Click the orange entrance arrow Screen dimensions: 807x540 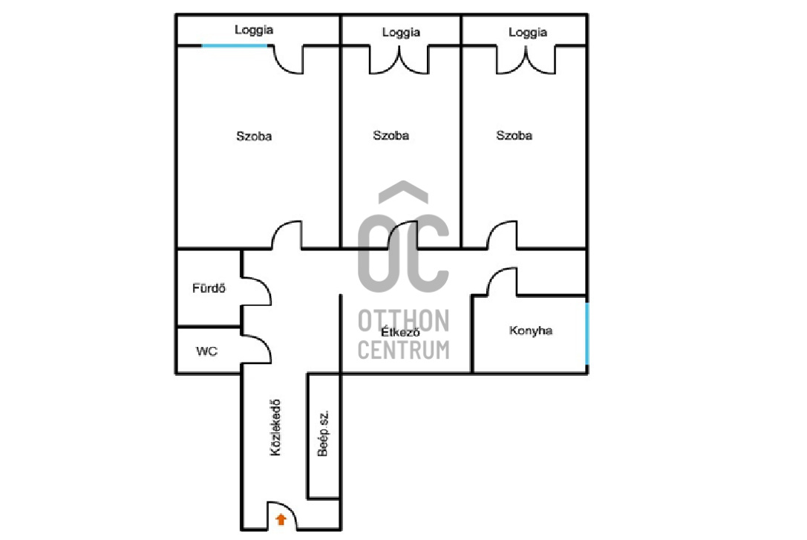[x=281, y=519]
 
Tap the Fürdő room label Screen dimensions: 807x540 [x=209, y=288]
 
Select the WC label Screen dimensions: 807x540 [x=207, y=351]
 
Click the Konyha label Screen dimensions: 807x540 [x=531, y=331]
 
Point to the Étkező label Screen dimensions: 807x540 [x=400, y=332]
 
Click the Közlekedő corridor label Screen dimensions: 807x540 [x=276, y=428]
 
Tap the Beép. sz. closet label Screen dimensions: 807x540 [x=323, y=434]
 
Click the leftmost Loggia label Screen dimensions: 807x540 [x=254, y=30]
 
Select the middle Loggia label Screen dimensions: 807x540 [x=401, y=33]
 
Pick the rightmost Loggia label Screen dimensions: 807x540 [x=528, y=33]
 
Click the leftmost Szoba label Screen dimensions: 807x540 [x=254, y=137]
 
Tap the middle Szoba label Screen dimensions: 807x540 [x=391, y=135]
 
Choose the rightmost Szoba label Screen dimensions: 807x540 [x=514, y=135]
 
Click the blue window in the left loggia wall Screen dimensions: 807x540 [x=235, y=46]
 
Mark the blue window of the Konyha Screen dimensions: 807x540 [x=587, y=334]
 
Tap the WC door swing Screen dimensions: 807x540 [x=264, y=344]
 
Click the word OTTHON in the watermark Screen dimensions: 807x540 [x=404, y=321]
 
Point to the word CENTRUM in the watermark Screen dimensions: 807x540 [x=404, y=350]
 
